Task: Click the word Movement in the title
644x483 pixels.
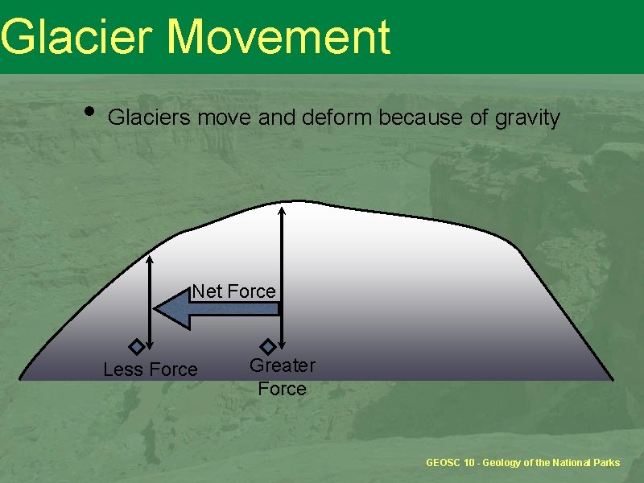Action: point(279,37)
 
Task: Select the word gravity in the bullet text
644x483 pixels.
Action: point(526,118)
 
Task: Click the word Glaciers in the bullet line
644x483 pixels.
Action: point(150,118)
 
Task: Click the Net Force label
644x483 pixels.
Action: point(233,291)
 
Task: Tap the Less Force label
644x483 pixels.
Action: point(151,369)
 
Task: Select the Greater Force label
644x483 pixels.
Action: point(282,377)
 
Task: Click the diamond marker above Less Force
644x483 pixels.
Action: point(137,347)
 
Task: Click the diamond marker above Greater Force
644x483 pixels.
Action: point(268,347)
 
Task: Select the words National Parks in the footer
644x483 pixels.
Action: point(586,463)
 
